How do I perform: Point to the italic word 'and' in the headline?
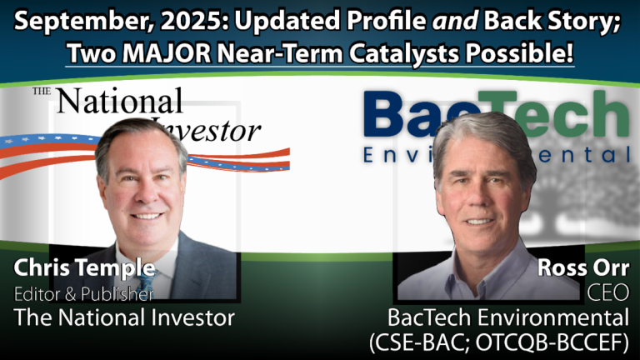click(455, 20)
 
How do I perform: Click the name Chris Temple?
click(84, 267)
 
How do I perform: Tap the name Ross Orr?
click(583, 267)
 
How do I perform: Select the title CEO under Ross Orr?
click(608, 292)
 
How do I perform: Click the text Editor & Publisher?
click(83, 294)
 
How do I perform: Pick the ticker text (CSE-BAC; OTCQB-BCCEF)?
click(499, 342)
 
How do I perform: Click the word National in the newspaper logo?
click(119, 101)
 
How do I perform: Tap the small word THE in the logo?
click(42, 91)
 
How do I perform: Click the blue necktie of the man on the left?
click(146, 282)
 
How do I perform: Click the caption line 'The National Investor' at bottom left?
click(124, 317)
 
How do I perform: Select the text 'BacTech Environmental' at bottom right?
click(508, 317)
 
